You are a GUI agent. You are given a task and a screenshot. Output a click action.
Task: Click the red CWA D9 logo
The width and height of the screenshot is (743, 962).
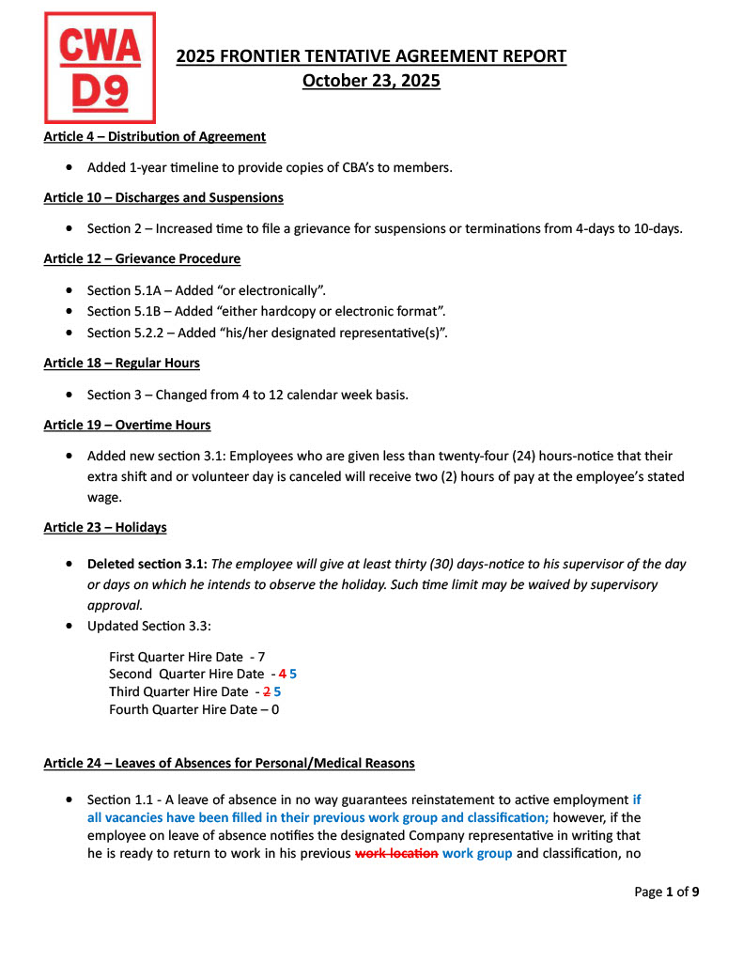100,67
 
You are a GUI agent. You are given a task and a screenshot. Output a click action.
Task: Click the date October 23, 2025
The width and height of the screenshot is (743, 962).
371,81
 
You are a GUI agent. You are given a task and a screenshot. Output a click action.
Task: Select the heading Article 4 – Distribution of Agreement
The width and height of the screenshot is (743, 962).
154,137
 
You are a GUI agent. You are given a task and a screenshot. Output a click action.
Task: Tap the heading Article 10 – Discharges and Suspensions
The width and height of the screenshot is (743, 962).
163,198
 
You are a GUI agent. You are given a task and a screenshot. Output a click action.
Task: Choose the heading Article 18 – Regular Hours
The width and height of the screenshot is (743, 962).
121,363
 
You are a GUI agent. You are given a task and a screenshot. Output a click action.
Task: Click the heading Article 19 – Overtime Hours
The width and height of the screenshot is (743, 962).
127,425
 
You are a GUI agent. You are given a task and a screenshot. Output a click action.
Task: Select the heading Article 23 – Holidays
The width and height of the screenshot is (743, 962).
105,527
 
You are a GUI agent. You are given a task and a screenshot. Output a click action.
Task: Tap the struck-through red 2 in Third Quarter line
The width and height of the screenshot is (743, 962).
266,691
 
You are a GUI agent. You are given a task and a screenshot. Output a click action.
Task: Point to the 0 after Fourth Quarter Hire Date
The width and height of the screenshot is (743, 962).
274,709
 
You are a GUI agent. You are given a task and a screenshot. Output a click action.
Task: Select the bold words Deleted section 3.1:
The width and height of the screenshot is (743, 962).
147,565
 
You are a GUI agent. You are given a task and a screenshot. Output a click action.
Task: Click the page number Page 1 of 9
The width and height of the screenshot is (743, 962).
667,892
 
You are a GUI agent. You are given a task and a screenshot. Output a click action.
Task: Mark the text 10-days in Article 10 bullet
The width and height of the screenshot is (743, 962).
658,228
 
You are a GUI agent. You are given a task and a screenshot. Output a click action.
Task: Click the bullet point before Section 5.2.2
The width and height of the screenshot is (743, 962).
72,333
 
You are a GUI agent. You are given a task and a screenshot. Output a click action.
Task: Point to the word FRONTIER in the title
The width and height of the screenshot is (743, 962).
262,56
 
